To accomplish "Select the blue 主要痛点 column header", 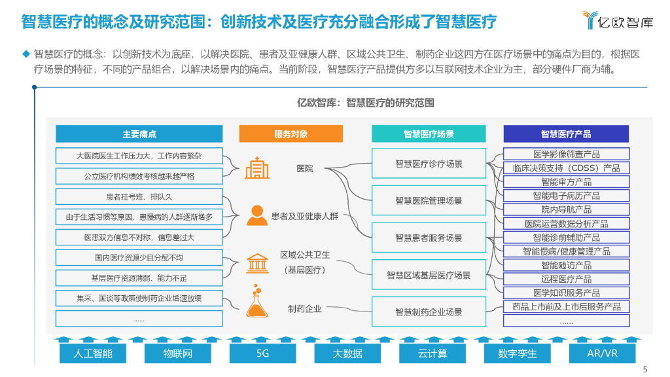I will click(x=139, y=134).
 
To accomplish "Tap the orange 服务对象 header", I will click(x=291, y=134).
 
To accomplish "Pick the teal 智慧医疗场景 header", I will click(x=429, y=134).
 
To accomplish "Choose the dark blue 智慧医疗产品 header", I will click(x=566, y=134).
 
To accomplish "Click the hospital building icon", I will click(x=257, y=168).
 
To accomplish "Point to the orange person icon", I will click(x=256, y=215).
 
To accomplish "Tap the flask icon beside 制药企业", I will click(x=257, y=302).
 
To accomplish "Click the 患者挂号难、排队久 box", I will click(x=139, y=196).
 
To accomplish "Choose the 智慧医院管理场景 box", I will click(x=429, y=200).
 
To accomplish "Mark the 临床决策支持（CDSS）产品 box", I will click(x=566, y=168).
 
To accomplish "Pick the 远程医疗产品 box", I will click(x=566, y=279).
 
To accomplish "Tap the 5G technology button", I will click(x=263, y=353).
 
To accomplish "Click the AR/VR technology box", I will click(x=602, y=353).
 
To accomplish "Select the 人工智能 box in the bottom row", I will click(x=94, y=353).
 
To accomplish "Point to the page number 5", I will click(x=646, y=368).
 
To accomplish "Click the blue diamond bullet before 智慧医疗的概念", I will click(x=26, y=54).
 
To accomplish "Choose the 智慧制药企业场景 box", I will click(x=429, y=312).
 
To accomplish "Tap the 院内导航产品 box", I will click(x=566, y=209).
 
